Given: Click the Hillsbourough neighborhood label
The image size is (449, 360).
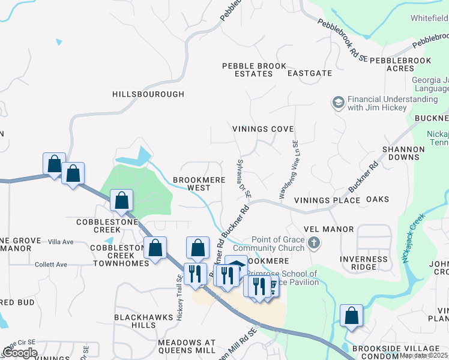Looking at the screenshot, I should (148, 94).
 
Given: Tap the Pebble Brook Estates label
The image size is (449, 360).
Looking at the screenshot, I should (247, 70).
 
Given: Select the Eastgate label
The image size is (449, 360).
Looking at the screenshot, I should (309, 73).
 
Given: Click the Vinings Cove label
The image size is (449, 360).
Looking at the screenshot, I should (263, 129).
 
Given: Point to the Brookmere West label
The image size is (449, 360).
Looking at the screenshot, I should (191, 184).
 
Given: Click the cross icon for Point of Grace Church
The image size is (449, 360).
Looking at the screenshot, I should (313, 244).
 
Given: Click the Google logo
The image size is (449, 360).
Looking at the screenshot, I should (20, 353).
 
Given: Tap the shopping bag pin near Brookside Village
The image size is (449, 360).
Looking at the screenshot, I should (351, 315).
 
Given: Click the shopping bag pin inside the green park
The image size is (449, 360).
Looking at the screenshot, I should (122, 200).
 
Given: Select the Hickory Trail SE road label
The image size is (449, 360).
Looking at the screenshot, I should (179, 298).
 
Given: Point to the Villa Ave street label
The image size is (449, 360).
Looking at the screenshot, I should (60, 242).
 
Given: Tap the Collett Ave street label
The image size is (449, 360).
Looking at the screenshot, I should (51, 264).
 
